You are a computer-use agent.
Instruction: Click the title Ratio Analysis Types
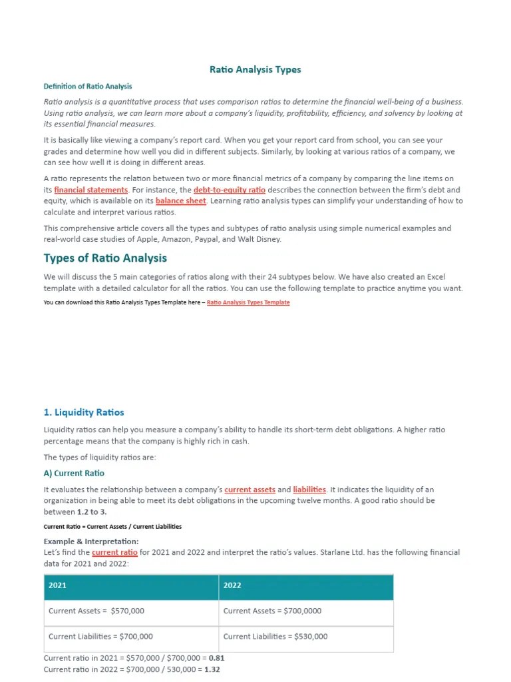point(255,69)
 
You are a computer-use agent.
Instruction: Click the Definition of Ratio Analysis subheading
point(88,87)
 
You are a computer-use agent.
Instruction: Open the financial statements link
point(91,190)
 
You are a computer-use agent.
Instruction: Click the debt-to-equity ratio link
point(230,190)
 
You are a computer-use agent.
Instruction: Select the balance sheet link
point(181,200)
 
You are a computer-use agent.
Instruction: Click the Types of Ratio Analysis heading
point(105,258)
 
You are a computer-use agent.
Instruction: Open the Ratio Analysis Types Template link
point(248,302)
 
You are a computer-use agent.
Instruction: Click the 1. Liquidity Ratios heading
point(84,412)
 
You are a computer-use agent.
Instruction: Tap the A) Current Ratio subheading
point(74,474)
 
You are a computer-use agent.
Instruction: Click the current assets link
point(250,490)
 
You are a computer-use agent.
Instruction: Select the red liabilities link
point(309,490)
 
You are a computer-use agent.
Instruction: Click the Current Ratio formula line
point(112,526)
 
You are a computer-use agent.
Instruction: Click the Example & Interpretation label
point(91,541)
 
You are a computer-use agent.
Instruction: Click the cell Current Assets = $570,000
point(96,611)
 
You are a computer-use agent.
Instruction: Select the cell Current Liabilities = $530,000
point(275,636)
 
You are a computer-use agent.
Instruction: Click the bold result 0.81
point(217,658)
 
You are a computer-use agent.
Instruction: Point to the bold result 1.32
point(212,669)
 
